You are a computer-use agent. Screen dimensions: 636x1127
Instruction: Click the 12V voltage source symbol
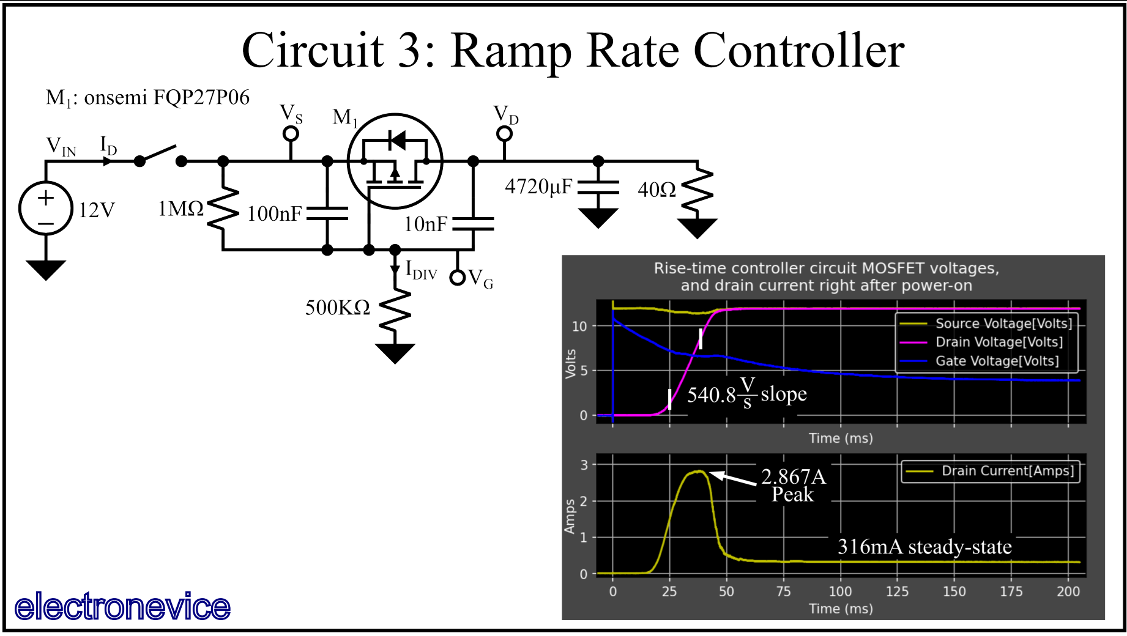pyautogui.click(x=46, y=208)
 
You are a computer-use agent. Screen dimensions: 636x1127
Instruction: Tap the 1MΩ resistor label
pyautogui.click(x=180, y=209)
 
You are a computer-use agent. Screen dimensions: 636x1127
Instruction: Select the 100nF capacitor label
pyautogui.click(x=274, y=214)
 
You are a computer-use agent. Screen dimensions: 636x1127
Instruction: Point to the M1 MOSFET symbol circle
pyautogui.click(x=395, y=161)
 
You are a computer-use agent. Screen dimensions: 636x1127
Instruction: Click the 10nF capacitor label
pyautogui.click(x=425, y=224)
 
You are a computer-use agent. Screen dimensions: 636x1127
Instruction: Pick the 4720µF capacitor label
pyautogui.click(x=538, y=187)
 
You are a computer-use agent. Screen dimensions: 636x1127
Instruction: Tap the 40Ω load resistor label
pyautogui.click(x=656, y=190)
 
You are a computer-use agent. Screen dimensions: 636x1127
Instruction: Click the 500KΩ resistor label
pyautogui.click(x=338, y=308)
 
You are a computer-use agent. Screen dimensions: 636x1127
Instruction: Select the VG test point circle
pyautogui.click(x=457, y=278)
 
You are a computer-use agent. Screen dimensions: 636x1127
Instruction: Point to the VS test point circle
pyautogui.click(x=291, y=133)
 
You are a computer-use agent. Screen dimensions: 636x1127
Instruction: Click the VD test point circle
pyautogui.click(x=504, y=133)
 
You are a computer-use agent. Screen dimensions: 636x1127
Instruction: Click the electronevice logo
pyautogui.click(x=122, y=607)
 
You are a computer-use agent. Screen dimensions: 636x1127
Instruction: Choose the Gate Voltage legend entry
pyautogui.click(x=997, y=361)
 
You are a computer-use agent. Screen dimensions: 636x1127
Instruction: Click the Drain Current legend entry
pyautogui.click(x=1007, y=471)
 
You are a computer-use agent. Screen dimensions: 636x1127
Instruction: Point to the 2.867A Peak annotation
pyautogui.click(x=793, y=485)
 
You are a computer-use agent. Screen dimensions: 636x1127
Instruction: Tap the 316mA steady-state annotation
pyautogui.click(x=924, y=547)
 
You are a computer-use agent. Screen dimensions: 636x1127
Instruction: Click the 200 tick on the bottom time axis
pyautogui.click(x=1068, y=591)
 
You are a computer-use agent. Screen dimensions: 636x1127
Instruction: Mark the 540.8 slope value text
pyautogui.click(x=711, y=395)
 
